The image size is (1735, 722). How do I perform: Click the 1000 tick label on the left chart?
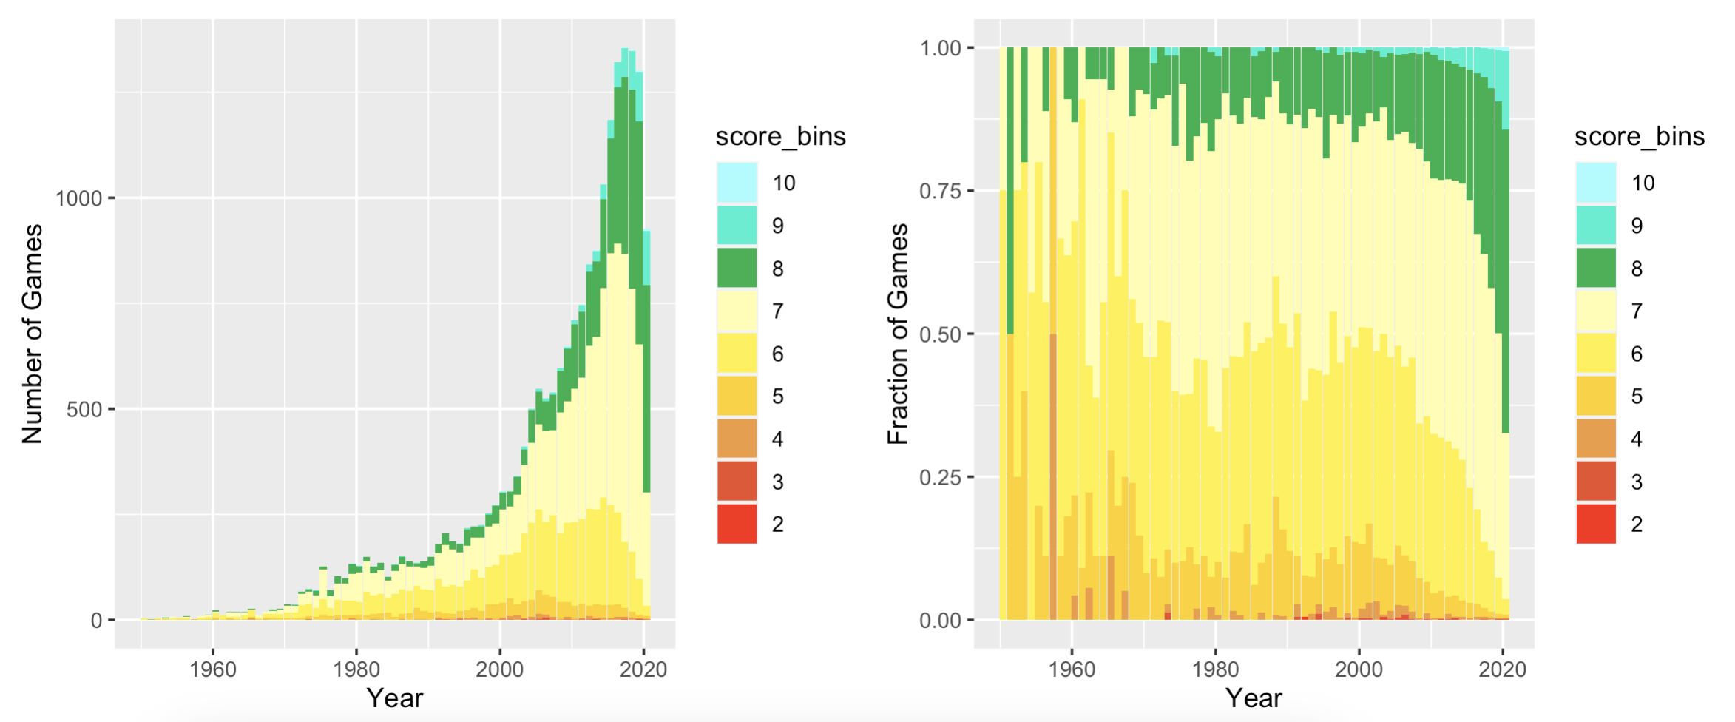[78, 198]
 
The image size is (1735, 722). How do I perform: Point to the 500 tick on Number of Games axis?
[84, 409]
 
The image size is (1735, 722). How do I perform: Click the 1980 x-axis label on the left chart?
[356, 669]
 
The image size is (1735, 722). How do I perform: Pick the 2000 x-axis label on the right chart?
[1358, 669]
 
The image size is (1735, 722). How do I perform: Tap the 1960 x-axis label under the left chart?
[212, 669]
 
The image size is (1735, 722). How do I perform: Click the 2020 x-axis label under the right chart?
[1501, 669]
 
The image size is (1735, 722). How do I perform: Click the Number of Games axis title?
[33, 334]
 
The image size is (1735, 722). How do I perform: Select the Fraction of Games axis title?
[897, 334]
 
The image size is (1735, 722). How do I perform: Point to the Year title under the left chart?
[395, 698]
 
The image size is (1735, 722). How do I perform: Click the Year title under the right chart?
[1254, 698]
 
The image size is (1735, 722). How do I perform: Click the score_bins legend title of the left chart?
[780, 137]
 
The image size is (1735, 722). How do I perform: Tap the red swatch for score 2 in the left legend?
[737, 524]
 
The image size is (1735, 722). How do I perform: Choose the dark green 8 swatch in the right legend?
[1595, 268]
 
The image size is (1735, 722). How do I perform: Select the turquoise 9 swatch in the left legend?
[737, 225]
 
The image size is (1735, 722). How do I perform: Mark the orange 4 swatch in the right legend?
[1595, 439]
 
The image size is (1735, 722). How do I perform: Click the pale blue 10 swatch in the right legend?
[1595, 183]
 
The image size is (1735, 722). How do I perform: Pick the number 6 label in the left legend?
[777, 354]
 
